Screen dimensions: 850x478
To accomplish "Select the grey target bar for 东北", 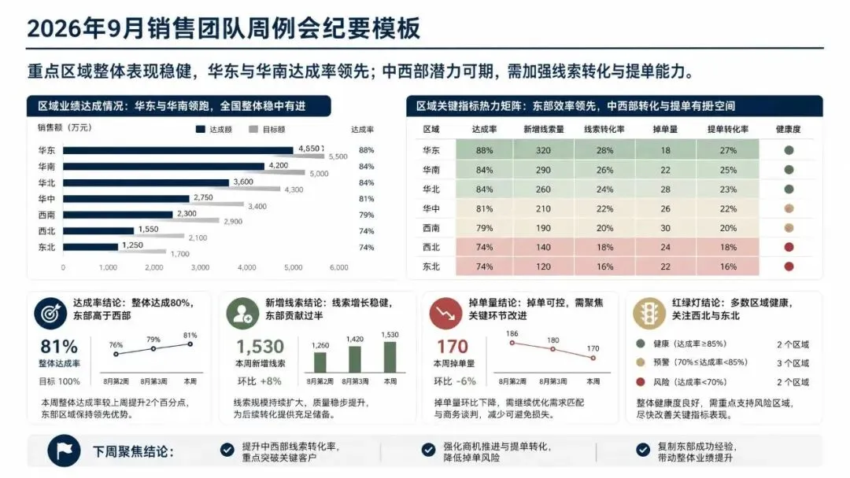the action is click(x=114, y=251).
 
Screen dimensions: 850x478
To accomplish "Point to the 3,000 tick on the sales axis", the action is click(x=200, y=267).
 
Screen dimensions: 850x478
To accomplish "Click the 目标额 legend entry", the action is click(x=267, y=130).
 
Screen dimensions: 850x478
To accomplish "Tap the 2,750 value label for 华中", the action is click(x=203, y=197).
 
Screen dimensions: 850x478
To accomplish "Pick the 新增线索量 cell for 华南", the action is click(x=543, y=170).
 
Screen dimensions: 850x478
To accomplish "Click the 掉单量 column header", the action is click(x=665, y=130).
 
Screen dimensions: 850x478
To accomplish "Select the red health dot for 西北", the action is click(x=789, y=248).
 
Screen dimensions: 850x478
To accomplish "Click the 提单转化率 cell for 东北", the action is click(x=728, y=267).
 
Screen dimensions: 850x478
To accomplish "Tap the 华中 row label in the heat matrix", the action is click(x=431, y=208).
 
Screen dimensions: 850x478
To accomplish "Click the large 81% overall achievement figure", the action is click(x=59, y=347).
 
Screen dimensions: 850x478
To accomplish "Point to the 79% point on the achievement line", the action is click(x=153, y=348).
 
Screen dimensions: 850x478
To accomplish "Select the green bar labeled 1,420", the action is click(x=354, y=359).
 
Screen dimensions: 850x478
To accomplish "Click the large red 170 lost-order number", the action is click(x=452, y=347).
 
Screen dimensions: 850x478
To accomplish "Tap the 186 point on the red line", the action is click(x=512, y=343).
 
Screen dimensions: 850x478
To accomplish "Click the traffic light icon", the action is click(x=649, y=314).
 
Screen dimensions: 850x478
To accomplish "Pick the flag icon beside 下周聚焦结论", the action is click(x=64, y=450).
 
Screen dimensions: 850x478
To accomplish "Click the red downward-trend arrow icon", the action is click(x=445, y=314).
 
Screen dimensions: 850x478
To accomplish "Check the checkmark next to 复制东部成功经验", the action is click(x=643, y=450).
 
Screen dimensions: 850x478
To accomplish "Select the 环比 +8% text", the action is click(x=259, y=381).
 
